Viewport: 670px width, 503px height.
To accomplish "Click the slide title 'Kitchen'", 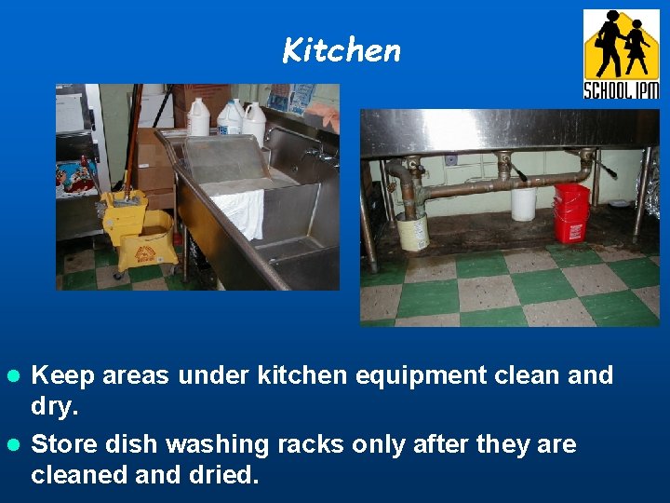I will pyautogui.click(x=342, y=50).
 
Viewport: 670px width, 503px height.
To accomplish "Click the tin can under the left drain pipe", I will pyautogui.click(x=411, y=232).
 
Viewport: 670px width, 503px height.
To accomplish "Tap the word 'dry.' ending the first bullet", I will pyautogui.click(x=54, y=407).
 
